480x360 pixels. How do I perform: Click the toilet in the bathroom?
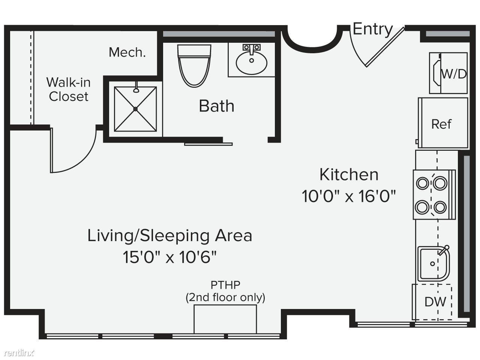194,66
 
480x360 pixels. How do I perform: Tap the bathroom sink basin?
252,63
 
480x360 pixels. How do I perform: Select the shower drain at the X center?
135,109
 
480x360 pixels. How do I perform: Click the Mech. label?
127,52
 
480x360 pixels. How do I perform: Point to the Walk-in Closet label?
69,89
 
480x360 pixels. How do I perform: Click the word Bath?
216,106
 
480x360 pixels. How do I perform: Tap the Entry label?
373,30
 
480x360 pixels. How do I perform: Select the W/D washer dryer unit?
448,73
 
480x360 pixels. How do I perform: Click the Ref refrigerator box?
443,123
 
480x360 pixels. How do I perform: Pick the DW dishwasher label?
435,302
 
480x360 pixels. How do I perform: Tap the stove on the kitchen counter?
434,195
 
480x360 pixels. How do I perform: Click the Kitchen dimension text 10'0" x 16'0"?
349,196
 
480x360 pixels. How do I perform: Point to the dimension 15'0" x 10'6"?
170,257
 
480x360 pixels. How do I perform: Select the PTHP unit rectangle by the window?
225,319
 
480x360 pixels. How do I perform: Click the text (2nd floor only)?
225,297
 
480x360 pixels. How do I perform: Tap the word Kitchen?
349,175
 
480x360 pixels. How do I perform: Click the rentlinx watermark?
19,352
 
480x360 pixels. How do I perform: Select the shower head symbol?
136,87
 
